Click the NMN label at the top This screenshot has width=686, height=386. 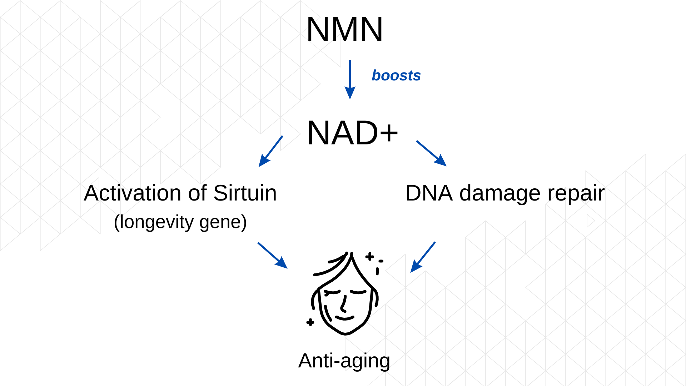(x=344, y=30)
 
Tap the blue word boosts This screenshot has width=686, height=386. (x=396, y=76)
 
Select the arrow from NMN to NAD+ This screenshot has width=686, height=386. (x=350, y=79)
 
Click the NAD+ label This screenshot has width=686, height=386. (x=352, y=133)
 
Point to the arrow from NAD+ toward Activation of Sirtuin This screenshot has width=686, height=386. (x=270, y=151)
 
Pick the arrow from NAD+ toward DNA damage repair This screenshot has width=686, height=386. (x=431, y=153)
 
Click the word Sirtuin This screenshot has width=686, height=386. (x=245, y=193)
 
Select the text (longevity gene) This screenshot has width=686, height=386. (x=180, y=222)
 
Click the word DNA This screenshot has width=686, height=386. (x=429, y=193)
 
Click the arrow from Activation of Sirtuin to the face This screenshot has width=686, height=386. (x=272, y=255)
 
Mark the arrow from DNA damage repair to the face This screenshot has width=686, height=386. (x=423, y=257)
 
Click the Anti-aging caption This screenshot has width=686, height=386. (x=344, y=361)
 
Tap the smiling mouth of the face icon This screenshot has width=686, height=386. (x=345, y=318)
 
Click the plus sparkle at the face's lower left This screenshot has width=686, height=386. (x=310, y=322)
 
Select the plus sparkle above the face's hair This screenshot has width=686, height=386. (x=369, y=256)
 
